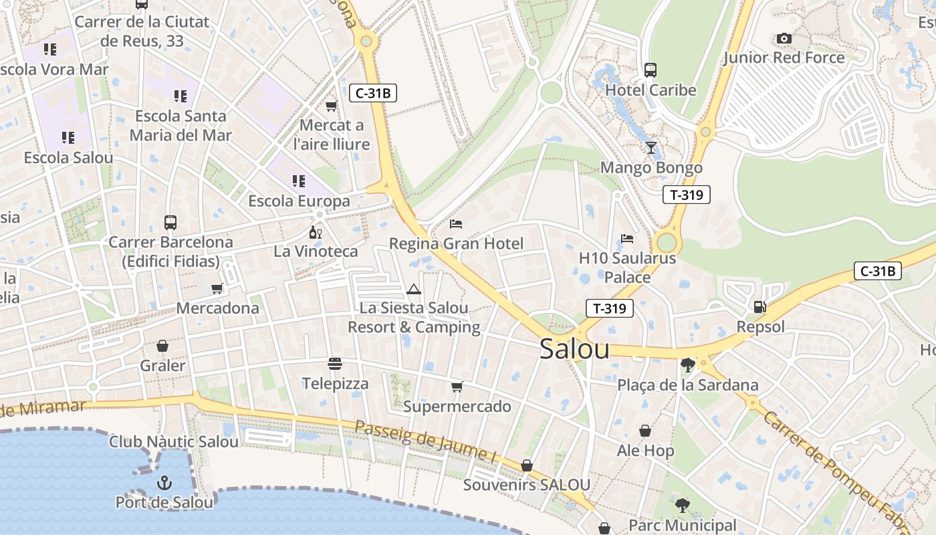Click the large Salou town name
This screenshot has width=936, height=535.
[574, 348]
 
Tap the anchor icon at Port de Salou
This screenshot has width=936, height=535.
[164, 482]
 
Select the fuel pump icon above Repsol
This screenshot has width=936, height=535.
[759, 307]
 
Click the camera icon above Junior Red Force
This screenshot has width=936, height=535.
[784, 39]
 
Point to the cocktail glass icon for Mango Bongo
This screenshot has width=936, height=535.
[651, 148]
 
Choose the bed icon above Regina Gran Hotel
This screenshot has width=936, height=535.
[456, 224]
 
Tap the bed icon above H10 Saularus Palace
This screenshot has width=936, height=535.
[627, 238]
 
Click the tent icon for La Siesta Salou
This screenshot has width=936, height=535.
[414, 290]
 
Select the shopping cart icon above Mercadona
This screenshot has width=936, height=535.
[217, 289]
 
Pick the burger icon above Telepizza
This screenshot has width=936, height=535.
[335, 364]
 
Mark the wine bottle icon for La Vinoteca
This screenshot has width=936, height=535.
[315, 233]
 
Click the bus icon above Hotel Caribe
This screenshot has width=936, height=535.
[650, 70]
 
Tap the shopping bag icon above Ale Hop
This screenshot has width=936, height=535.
[645, 431]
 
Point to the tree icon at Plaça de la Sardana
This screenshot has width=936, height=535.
[687, 364]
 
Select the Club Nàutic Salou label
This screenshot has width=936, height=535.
[173, 442]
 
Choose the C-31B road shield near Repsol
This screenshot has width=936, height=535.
[878, 271]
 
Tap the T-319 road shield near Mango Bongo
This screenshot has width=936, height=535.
[686, 195]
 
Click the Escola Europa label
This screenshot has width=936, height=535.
[299, 201]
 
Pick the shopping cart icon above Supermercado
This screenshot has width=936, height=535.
[457, 387]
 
